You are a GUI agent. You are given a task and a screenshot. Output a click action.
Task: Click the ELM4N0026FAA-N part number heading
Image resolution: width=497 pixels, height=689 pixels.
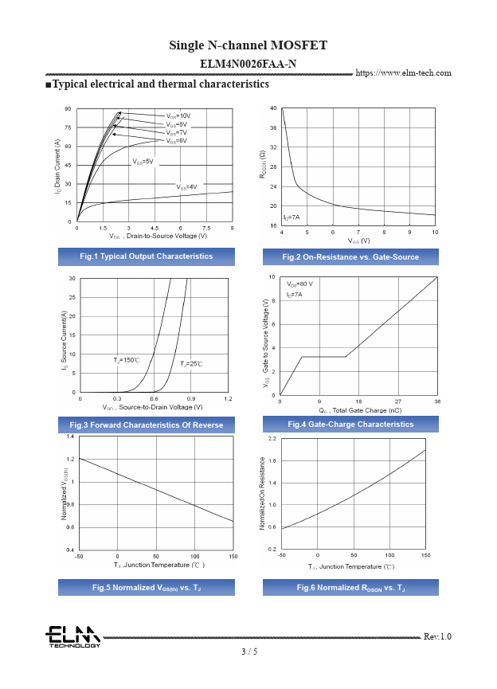(x=248, y=62)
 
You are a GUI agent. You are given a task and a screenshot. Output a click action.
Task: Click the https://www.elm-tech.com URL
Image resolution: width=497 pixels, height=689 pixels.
(x=403, y=73)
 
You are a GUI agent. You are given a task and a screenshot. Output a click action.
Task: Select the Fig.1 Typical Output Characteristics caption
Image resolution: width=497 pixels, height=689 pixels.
(x=146, y=256)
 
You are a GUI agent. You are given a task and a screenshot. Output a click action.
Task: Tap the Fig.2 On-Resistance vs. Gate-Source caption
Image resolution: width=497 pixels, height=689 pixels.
(x=350, y=256)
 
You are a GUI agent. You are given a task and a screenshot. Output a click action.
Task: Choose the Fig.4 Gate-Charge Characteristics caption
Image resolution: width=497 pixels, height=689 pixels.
(x=350, y=425)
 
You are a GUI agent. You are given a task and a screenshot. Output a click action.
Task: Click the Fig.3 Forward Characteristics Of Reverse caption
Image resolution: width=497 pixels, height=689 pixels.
(x=146, y=425)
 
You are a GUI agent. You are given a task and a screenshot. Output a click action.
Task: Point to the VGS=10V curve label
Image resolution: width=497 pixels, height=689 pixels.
(x=178, y=116)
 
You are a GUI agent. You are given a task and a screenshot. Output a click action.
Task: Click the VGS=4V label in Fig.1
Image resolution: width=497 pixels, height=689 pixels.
(x=186, y=187)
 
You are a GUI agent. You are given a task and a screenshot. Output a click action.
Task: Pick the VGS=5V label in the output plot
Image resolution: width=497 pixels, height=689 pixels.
(x=143, y=162)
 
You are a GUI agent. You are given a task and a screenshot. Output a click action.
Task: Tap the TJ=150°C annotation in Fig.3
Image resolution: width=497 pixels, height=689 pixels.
(x=127, y=361)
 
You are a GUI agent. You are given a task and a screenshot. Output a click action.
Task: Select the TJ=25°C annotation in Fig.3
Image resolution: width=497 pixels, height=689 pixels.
(x=191, y=363)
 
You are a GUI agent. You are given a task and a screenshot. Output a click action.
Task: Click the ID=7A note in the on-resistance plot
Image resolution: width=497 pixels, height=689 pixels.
(x=292, y=217)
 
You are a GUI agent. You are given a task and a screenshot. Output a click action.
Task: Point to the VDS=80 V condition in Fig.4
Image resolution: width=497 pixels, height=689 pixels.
(x=299, y=284)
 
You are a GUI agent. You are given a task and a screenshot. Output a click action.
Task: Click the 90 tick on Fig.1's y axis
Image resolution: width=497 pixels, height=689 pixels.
(x=68, y=108)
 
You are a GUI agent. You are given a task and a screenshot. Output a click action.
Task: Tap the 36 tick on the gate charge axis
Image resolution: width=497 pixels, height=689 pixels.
(x=437, y=401)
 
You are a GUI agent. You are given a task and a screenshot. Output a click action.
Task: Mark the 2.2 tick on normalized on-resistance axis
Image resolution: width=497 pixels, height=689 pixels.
(x=272, y=440)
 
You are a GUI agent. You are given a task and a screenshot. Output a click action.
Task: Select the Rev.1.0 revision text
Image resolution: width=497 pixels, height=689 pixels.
(x=437, y=636)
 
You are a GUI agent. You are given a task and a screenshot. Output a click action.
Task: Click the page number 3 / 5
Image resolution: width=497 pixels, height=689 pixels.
(x=249, y=652)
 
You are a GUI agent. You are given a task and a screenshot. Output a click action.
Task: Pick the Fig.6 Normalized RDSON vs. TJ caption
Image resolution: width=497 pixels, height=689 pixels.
(x=350, y=588)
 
